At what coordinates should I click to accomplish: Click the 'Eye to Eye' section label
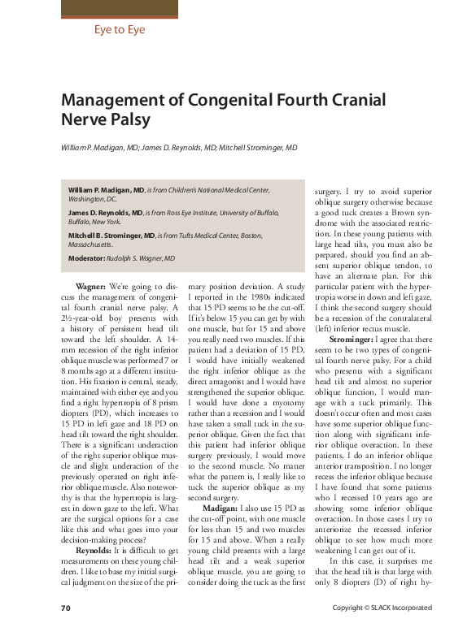119,30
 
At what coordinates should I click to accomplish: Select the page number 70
67,608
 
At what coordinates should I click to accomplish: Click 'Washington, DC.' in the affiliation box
93,198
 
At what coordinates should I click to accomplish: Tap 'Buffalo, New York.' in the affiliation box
94,221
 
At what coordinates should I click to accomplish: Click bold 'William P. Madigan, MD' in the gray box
106,189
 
